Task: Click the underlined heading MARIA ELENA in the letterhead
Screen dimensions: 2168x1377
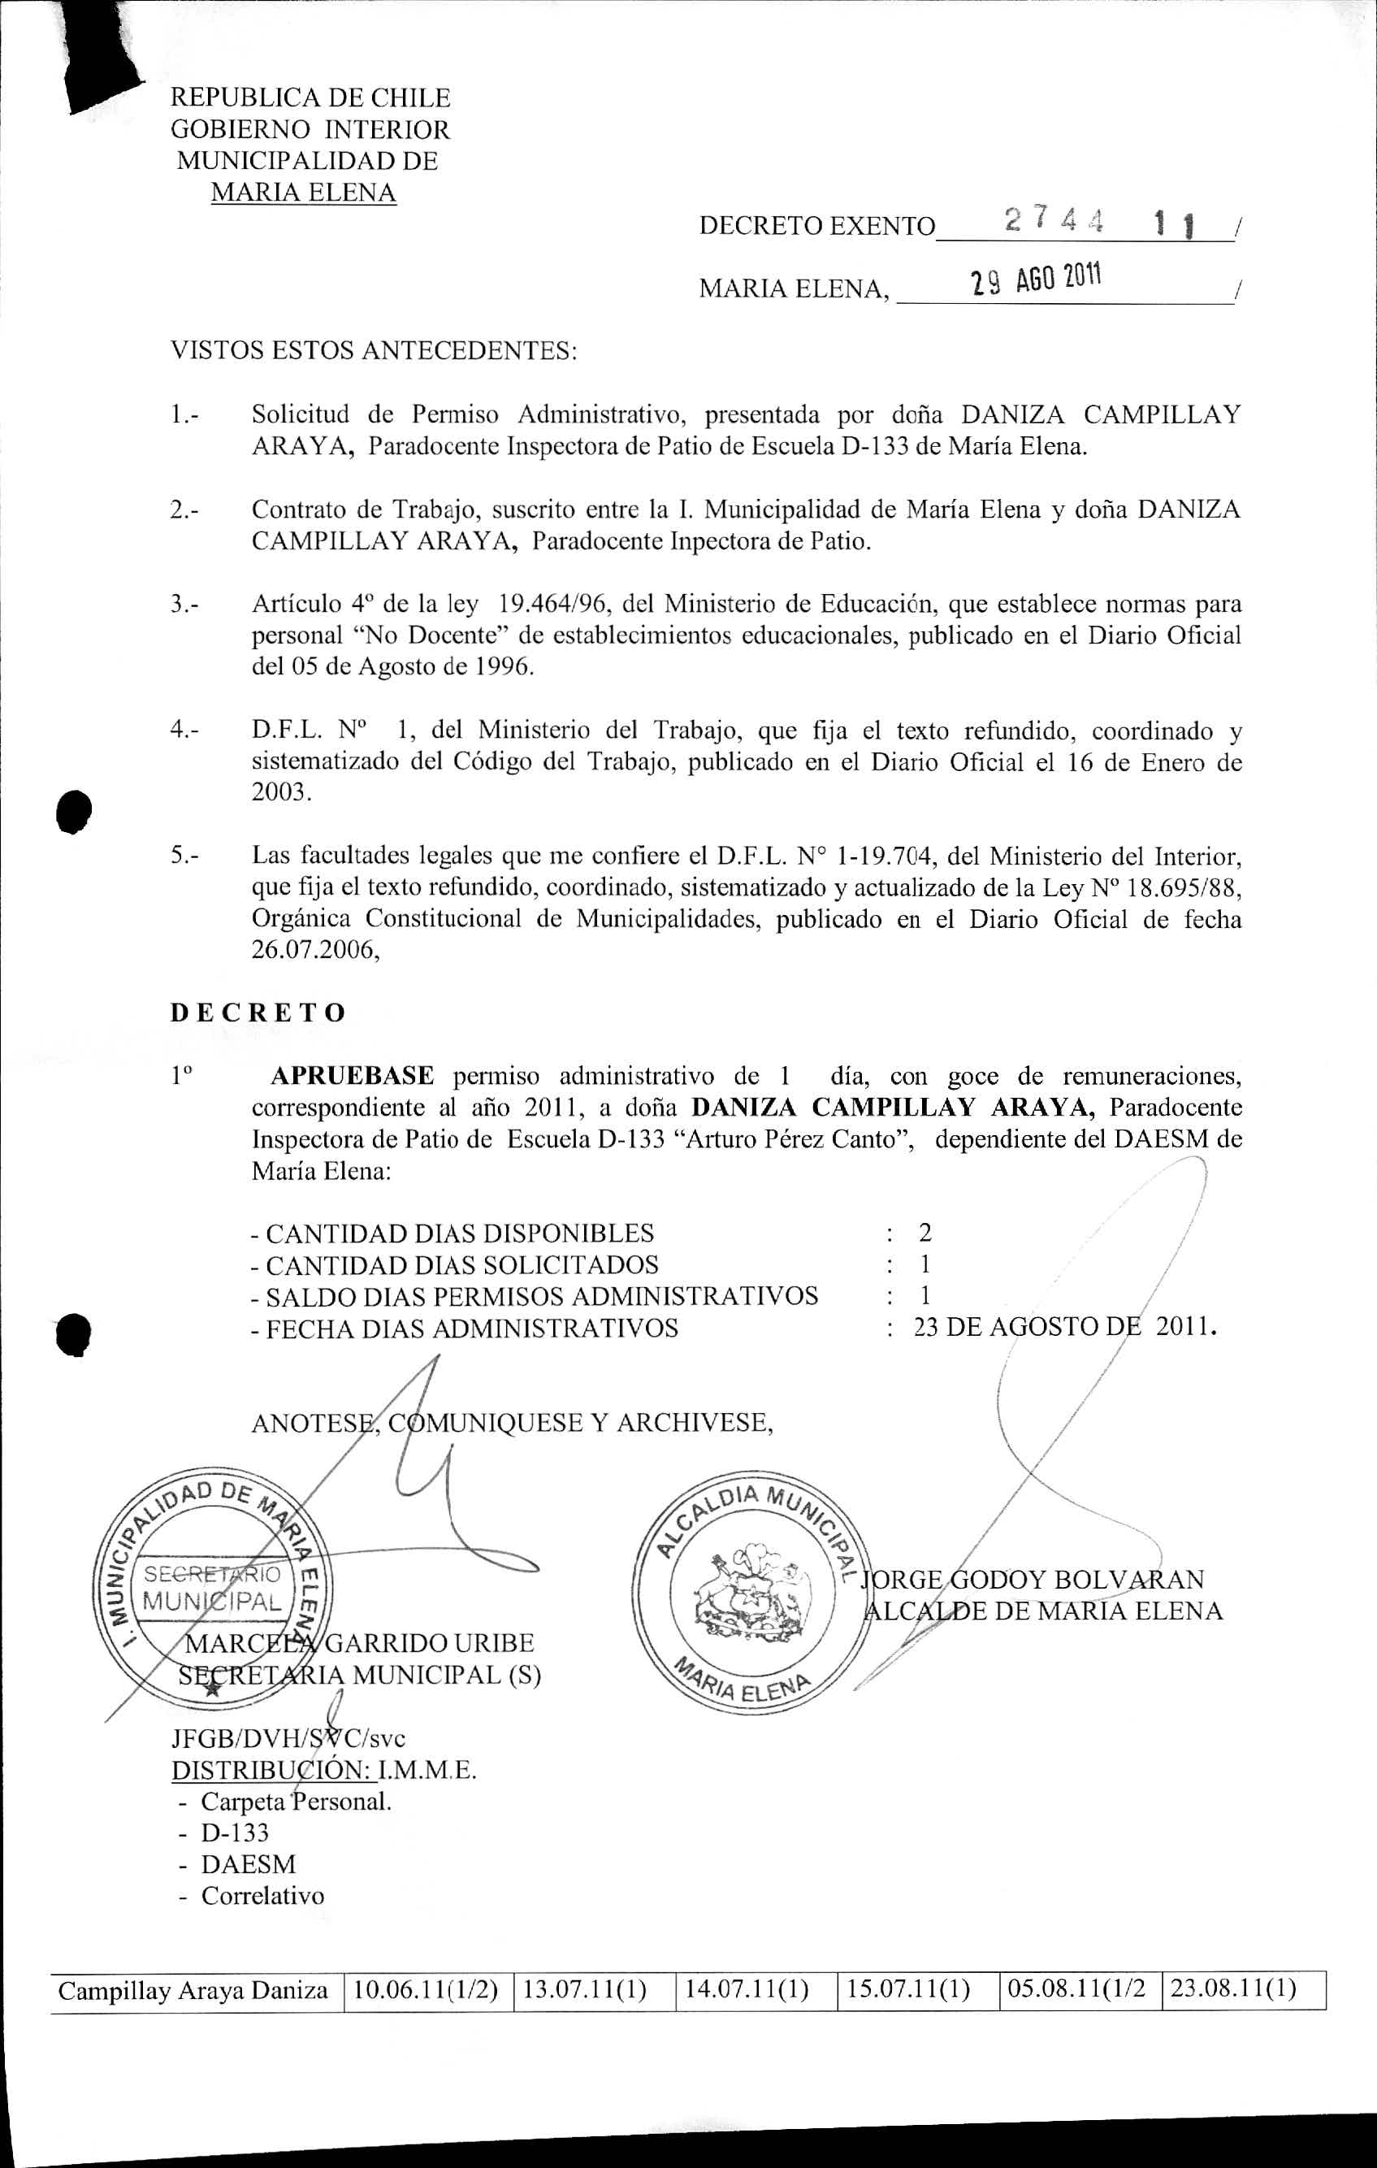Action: coord(303,193)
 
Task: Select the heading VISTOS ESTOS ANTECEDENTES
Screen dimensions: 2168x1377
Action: coord(374,350)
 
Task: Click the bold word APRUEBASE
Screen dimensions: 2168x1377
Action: coord(352,1075)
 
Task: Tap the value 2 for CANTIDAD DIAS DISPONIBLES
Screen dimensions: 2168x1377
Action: coord(924,1233)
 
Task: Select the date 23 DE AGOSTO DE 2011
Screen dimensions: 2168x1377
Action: coord(1065,1327)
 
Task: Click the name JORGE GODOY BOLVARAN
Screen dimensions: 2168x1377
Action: coord(1033,1579)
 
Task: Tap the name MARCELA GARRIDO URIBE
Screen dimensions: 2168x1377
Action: coord(359,1642)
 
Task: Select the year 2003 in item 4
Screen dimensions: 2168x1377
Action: coord(281,794)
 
